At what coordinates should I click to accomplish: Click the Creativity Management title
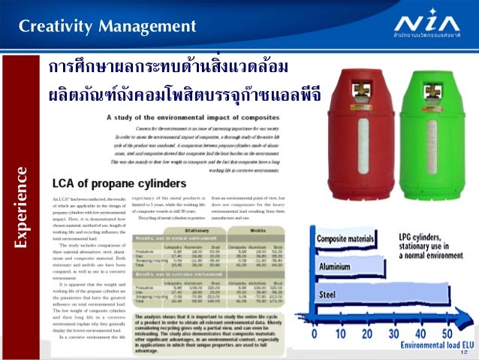point(107,28)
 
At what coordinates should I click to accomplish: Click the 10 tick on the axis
point(341,333)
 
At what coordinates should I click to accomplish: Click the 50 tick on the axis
point(447,333)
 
